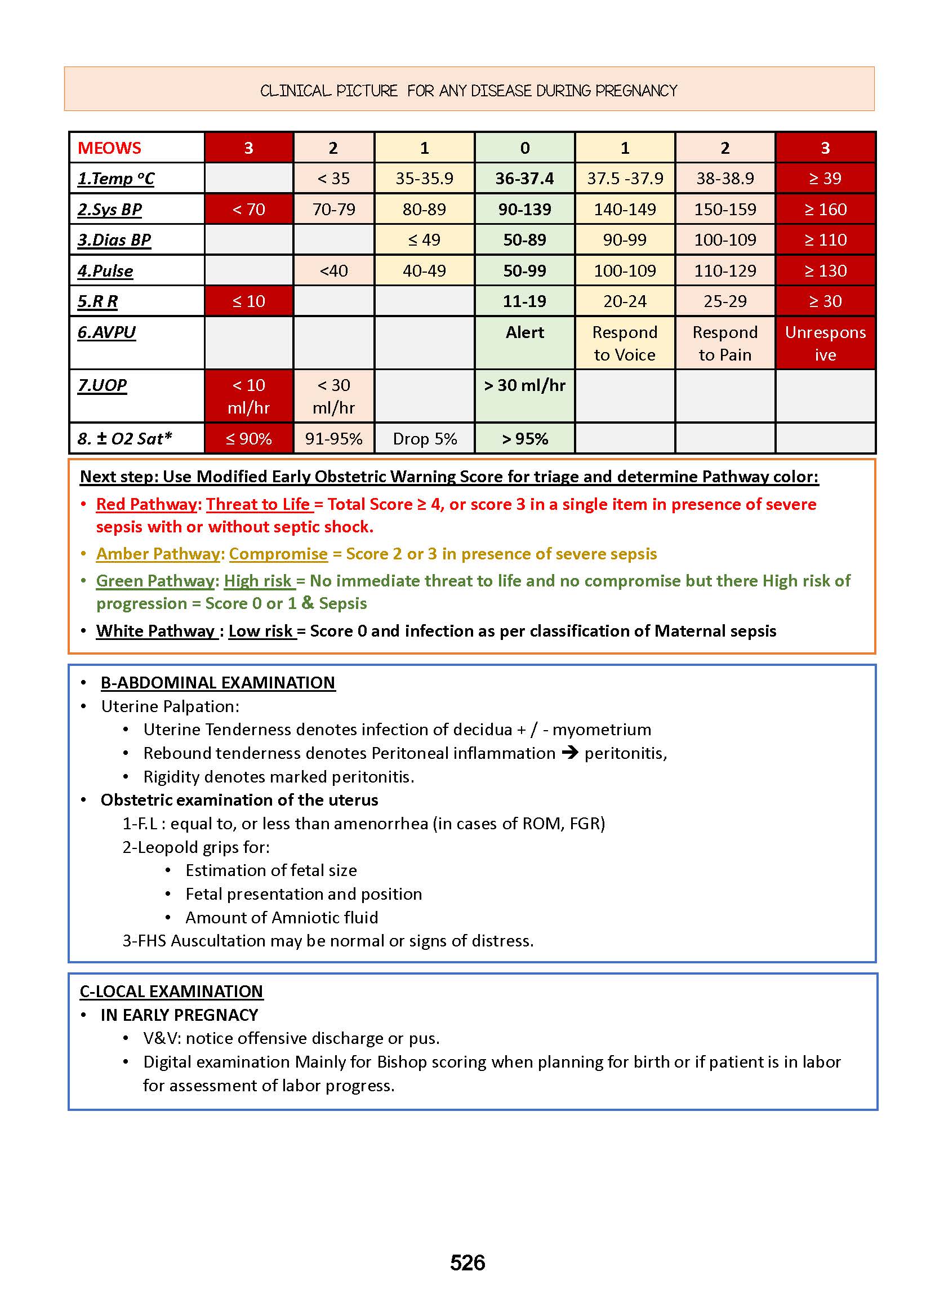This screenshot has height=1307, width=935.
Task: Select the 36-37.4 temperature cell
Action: point(524,179)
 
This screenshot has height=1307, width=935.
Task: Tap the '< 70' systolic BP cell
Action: point(249,209)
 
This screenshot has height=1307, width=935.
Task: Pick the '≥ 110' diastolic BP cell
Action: point(825,239)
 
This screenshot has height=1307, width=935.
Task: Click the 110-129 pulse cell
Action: point(725,270)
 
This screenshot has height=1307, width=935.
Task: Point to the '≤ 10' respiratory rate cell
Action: point(249,301)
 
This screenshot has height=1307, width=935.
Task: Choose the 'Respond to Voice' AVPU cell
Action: point(625,343)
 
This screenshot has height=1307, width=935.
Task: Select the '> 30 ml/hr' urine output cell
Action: point(524,385)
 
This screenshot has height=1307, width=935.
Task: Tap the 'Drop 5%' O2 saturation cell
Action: point(425,439)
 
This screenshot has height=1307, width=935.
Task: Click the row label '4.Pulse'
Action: point(105,270)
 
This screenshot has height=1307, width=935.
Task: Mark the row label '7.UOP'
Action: point(103,385)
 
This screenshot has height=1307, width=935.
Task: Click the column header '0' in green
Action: point(524,148)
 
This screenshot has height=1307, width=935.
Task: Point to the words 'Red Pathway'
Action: point(146,504)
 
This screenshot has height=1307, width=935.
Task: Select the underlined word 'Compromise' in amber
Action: point(278,554)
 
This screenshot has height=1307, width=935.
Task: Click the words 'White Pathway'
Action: point(155,631)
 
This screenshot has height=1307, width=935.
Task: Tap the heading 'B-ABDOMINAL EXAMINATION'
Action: point(217,683)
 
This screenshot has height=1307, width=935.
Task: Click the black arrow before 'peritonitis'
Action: point(570,753)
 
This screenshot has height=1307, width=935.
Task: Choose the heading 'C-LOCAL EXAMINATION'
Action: point(171,992)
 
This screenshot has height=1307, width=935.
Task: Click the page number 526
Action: point(467,1262)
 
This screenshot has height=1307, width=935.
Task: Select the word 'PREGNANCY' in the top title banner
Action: point(636,91)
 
